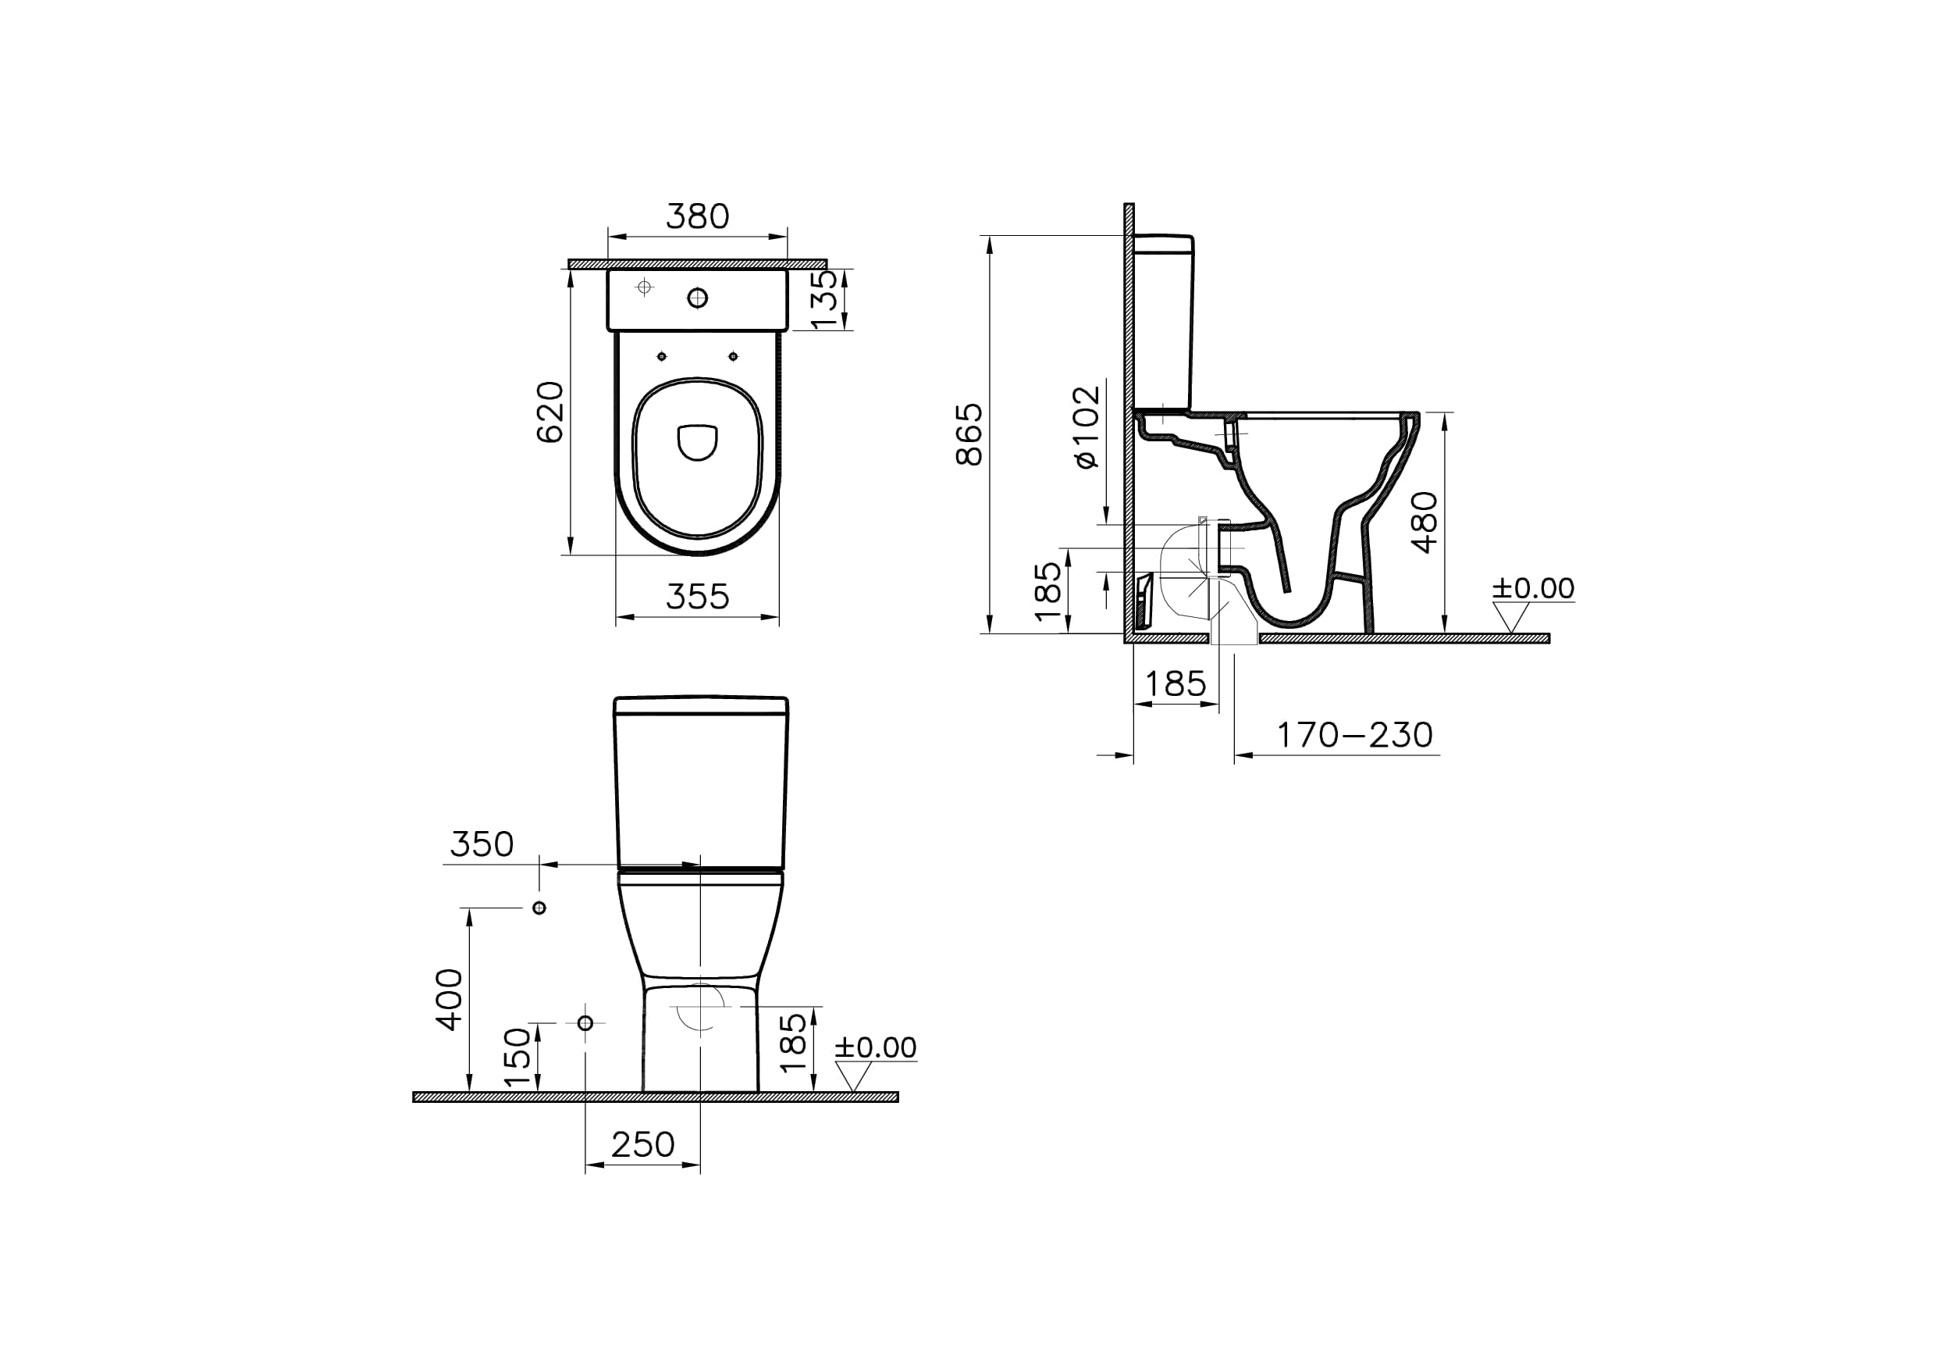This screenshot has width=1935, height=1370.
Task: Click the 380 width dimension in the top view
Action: [x=697, y=217]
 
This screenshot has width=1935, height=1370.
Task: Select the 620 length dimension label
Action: [x=550, y=412]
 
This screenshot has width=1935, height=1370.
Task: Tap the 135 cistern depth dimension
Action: [x=823, y=298]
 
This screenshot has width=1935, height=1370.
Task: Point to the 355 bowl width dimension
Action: [x=697, y=597]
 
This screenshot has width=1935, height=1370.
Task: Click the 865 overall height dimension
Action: [x=969, y=434]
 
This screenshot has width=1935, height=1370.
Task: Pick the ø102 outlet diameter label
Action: [x=1087, y=427]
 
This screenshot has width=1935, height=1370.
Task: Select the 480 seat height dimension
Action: [x=1424, y=523]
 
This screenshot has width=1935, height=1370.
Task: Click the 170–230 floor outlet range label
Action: [x=1355, y=735]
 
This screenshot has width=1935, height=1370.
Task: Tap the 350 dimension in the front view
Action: [x=482, y=844]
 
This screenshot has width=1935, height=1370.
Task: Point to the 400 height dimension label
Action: [x=449, y=1000]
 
